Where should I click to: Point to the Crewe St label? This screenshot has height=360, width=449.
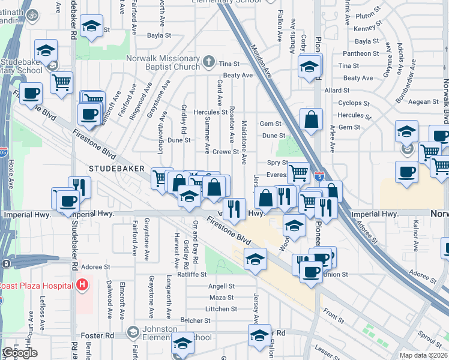(226, 152)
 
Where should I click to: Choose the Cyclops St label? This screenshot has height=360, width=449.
(353, 103)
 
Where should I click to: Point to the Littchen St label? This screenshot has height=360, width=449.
(221, 309)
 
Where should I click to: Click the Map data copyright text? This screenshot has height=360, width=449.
(424, 355)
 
